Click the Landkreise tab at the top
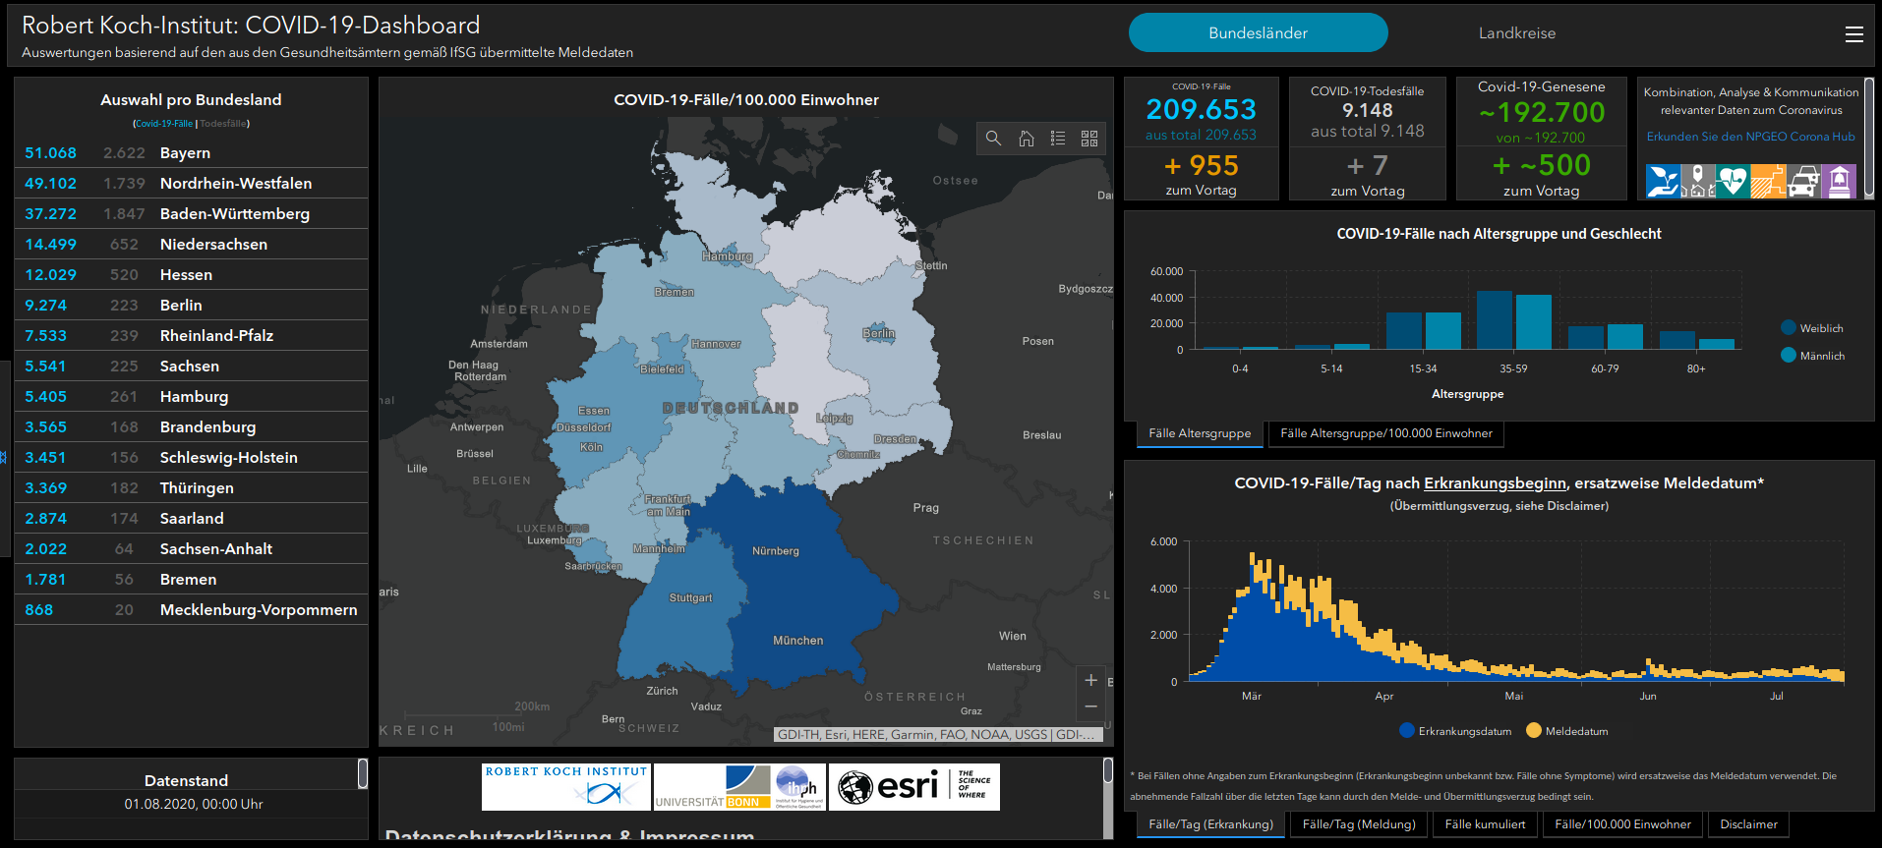(1516, 33)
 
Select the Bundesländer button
(1258, 33)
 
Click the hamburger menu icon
(1853, 34)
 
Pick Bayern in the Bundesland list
(185, 153)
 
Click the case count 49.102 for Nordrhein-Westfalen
(50, 184)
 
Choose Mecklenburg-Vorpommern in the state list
(259, 610)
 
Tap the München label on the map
(797, 641)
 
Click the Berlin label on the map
(878, 333)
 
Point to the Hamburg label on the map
(727, 256)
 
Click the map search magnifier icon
(993, 139)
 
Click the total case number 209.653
(1201, 109)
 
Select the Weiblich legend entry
(1821, 328)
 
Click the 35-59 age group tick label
(1513, 368)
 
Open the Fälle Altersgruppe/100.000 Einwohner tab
(1385, 433)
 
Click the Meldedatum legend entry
(1576, 731)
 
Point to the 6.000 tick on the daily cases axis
(1163, 541)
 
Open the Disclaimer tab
(1748, 824)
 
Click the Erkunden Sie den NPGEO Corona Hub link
(1750, 137)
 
